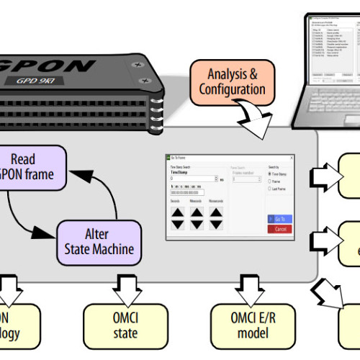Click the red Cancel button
279,229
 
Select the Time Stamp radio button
269,174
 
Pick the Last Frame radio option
269,190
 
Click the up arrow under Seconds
176,212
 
